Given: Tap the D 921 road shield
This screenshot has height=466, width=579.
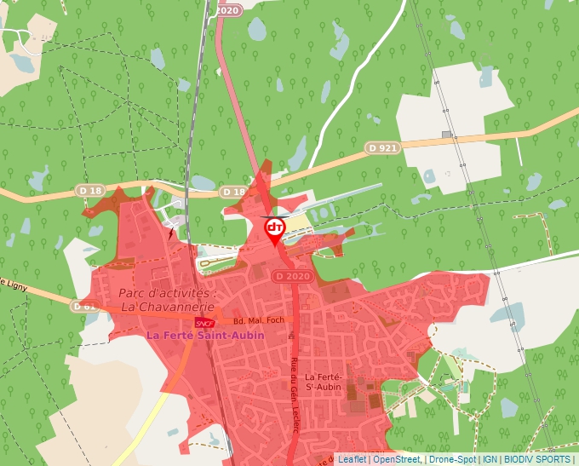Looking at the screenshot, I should [383, 148].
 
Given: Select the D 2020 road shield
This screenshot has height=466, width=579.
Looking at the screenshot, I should [293, 277].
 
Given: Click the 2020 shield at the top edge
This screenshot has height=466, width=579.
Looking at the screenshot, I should [227, 10].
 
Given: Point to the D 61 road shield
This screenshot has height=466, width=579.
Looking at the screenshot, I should [84, 306].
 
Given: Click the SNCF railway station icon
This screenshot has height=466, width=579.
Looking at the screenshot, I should [203, 323].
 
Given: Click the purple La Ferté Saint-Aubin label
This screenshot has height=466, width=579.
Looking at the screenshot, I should [205, 336].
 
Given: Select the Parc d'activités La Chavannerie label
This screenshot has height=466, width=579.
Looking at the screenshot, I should [168, 300].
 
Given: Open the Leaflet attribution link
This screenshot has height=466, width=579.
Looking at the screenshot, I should [351, 459].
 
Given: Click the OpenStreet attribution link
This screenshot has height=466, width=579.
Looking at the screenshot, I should [397, 459].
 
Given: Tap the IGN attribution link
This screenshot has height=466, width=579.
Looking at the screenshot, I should [490, 459].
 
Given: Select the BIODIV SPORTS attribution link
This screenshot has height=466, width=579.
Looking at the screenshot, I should [537, 459].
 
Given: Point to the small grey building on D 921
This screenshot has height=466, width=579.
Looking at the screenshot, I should [447, 135].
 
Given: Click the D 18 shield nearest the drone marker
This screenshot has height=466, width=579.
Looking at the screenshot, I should [233, 192].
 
